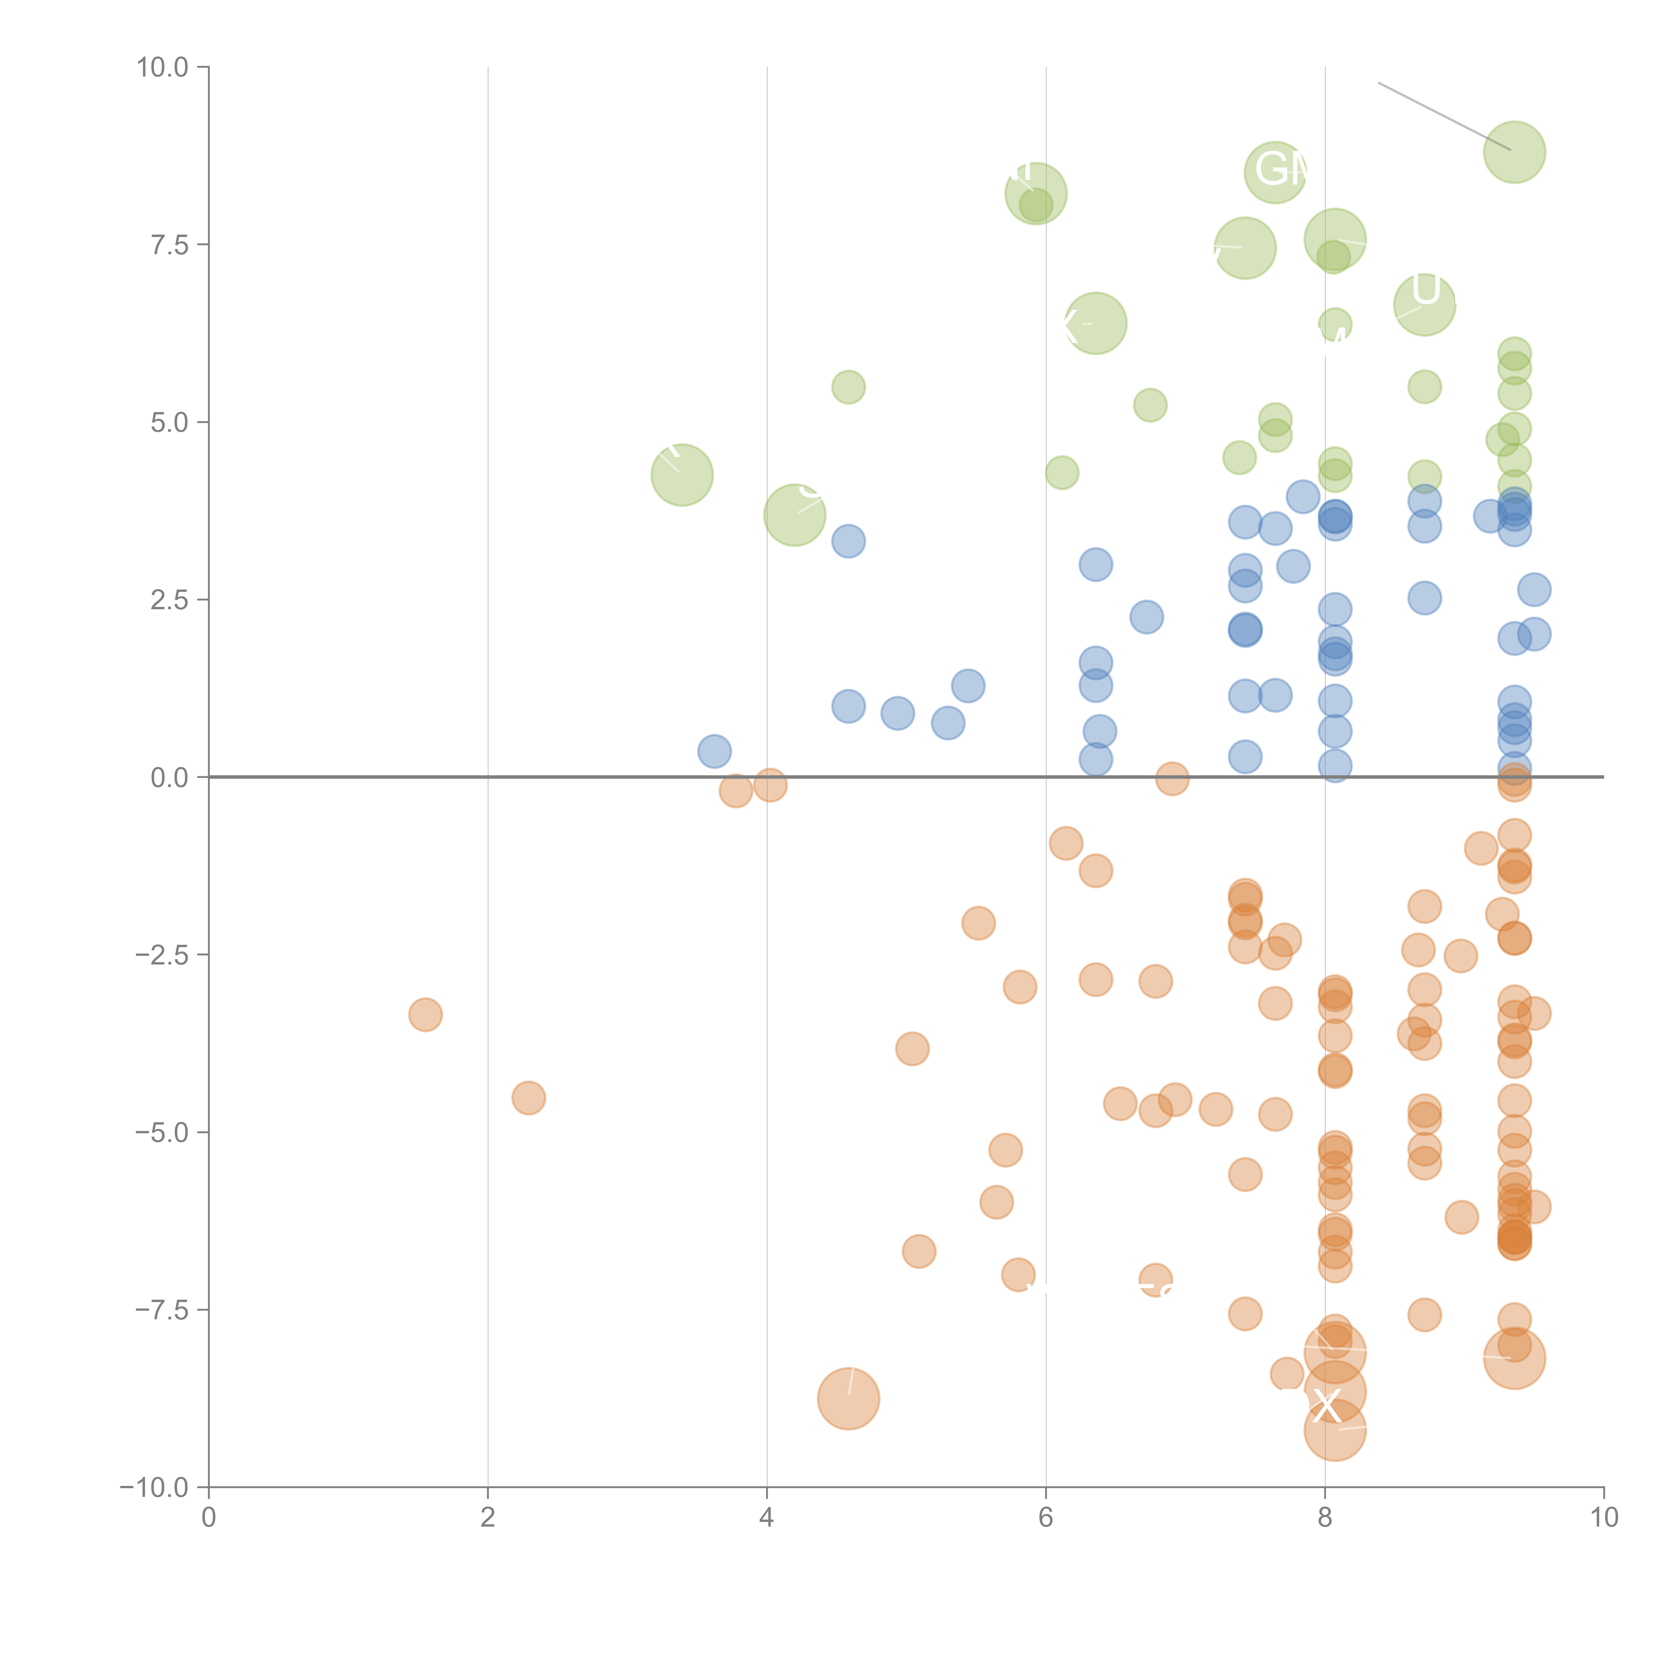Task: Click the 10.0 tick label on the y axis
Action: (163, 68)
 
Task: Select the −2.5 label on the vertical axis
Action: (163, 955)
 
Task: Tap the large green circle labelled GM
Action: (1275, 172)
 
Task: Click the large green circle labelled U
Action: (1424, 304)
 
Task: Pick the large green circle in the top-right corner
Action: (1515, 152)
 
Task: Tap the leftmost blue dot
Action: (715, 751)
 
